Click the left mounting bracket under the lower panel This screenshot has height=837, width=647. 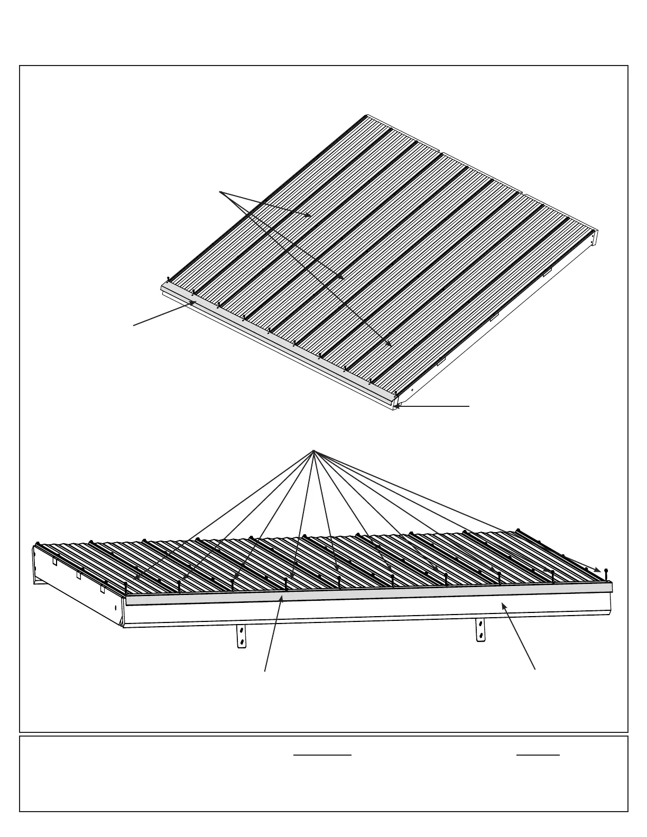(x=242, y=636)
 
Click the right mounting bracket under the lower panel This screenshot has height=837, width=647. (x=480, y=630)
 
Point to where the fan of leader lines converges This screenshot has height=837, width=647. (x=313, y=451)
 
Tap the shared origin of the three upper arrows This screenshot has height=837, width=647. (x=220, y=191)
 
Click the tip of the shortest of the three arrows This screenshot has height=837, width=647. (x=311, y=216)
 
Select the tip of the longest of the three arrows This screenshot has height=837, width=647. (x=391, y=346)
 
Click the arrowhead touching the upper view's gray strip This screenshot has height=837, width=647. (x=196, y=302)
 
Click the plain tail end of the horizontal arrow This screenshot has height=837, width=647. (x=469, y=406)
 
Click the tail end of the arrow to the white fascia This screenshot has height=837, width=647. (x=535, y=669)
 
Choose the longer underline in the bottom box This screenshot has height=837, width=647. (x=322, y=755)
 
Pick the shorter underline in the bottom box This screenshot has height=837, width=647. (x=538, y=755)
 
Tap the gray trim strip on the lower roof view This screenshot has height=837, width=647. (x=370, y=594)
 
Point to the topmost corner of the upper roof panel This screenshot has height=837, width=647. (x=366, y=115)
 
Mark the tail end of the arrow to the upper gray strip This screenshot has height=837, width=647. (x=134, y=325)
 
